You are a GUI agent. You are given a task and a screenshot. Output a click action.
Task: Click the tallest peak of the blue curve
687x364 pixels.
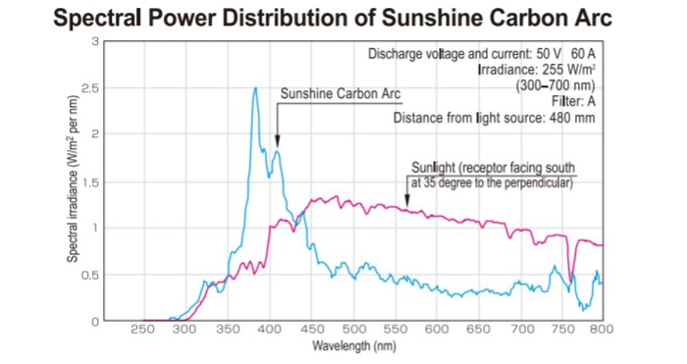click(x=255, y=88)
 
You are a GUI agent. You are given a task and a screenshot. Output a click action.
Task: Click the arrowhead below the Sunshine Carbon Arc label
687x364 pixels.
click(x=278, y=142)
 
